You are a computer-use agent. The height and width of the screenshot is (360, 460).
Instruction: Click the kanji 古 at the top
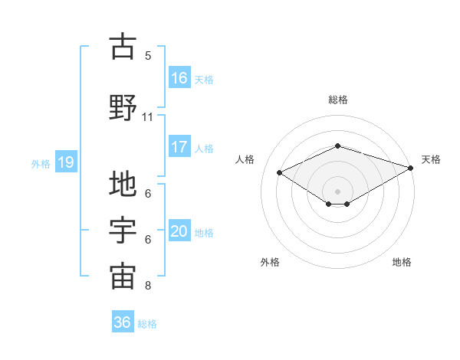coord(123,47)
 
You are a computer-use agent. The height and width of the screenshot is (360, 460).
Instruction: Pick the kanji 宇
coord(123,231)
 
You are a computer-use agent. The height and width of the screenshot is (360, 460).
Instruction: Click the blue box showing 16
coord(179,78)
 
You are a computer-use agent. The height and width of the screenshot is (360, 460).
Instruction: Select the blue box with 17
coord(179,147)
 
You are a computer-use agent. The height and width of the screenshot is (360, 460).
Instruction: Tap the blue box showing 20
coord(179,231)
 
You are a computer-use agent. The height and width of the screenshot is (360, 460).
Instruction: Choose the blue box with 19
coord(65,162)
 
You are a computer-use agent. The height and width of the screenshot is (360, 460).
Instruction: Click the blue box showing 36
coord(123,322)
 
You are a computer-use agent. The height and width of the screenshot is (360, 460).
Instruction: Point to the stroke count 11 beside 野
coord(148,117)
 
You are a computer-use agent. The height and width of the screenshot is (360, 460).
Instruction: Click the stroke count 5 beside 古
coord(148,56)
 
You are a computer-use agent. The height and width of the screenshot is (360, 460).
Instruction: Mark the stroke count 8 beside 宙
coord(148,286)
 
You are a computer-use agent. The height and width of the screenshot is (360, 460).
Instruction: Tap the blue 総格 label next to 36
coord(147,324)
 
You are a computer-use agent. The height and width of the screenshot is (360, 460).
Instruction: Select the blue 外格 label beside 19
coord(41,163)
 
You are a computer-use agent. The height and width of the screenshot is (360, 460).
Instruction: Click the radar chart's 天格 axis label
coord(431,159)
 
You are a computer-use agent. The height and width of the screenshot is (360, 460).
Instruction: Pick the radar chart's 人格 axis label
coord(245,159)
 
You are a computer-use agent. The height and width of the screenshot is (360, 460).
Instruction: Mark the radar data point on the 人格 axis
coord(280,172)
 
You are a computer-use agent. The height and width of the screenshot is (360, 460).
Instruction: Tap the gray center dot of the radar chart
coord(338,189)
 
